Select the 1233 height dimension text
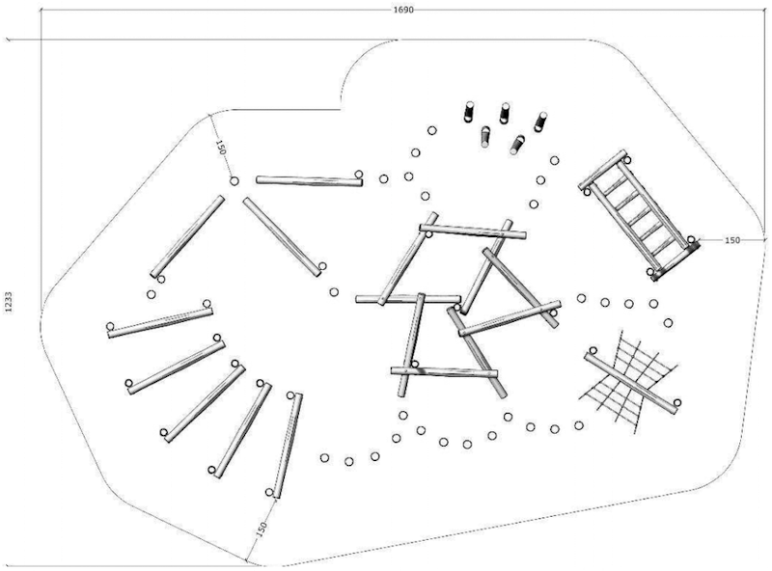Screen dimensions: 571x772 click(x=9, y=301)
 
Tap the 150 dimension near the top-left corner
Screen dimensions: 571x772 click(x=220, y=149)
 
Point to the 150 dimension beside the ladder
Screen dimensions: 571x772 click(x=731, y=239)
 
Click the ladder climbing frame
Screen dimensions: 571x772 click(x=639, y=214)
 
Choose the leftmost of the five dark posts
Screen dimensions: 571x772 click(x=470, y=111)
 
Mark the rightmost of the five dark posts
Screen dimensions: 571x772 click(x=540, y=122)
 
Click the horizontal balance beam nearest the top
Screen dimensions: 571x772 click(x=309, y=179)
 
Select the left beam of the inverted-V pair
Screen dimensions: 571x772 click(x=186, y=236)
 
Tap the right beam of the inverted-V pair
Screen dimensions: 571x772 click(x=282, y=236)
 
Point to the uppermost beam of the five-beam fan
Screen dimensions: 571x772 click(x=159, y=319)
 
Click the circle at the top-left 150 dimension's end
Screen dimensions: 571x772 click(x=234, y=180)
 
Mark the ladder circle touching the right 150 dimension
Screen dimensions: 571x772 click(x=691, y=239)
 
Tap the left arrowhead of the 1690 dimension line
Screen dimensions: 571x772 click(x=10, y=40)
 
